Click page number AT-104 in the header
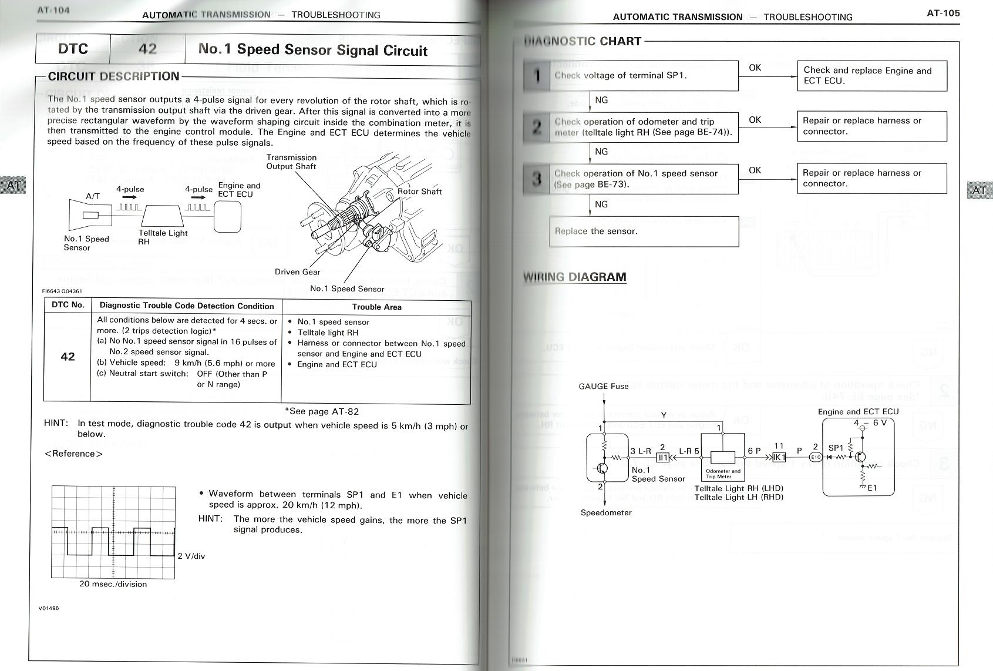click(53, 10)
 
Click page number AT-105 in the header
click(943, 12)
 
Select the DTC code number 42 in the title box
click(147, 49)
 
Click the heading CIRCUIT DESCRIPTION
click(113, 76)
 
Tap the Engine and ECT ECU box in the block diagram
click(227, 217)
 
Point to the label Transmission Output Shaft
click(291, 162)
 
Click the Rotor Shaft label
click(419, 191)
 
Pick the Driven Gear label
click(297, 272)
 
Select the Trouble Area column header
click(376, 307)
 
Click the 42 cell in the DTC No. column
click(68, 357)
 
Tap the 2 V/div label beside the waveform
click(191, 556)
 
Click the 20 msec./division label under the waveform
click(113, 584)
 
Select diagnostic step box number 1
click(537, 76)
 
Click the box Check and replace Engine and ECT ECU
click(871, 76)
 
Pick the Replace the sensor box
click(644, 232)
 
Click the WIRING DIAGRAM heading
click(574, 277)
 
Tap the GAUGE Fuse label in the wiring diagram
click(603, 386)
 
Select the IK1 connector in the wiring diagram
click(779, 457)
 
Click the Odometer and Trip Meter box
click(723, 458)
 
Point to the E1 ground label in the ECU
click(872, 488)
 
